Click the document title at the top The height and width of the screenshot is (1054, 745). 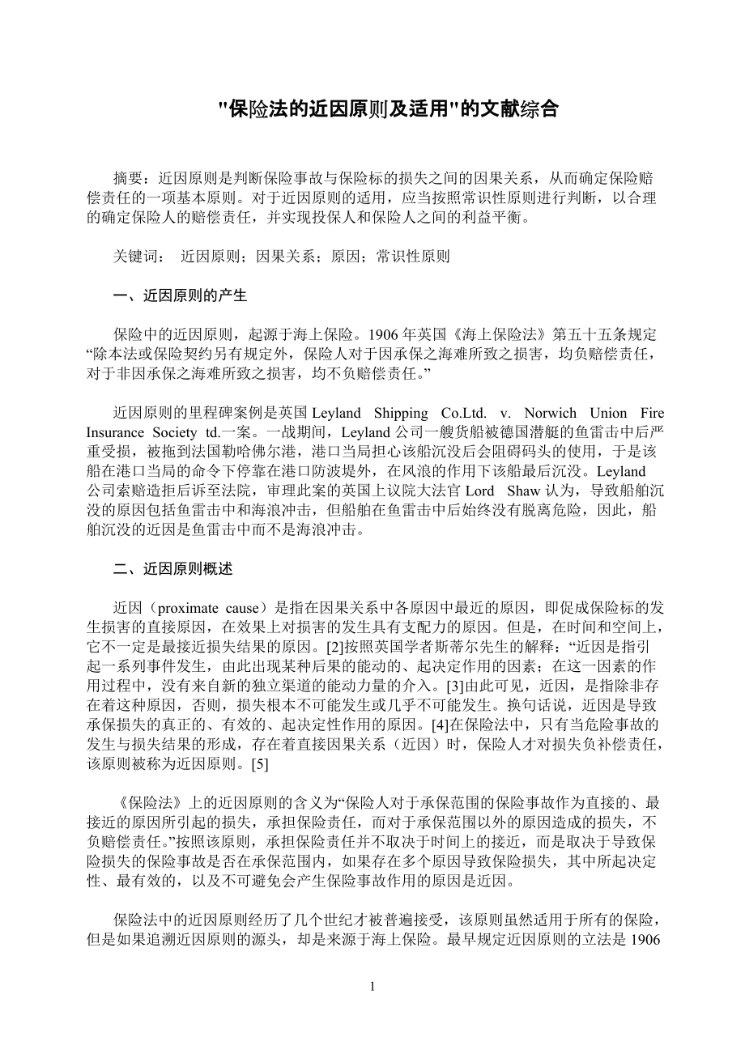[x=390, y=109]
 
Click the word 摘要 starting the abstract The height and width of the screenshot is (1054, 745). [x=128, y=177]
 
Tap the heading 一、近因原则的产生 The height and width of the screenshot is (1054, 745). [x=180, y=295]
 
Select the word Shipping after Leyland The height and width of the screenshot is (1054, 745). [x=406, y=413]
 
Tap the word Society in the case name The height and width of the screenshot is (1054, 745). [x=173, y=432]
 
